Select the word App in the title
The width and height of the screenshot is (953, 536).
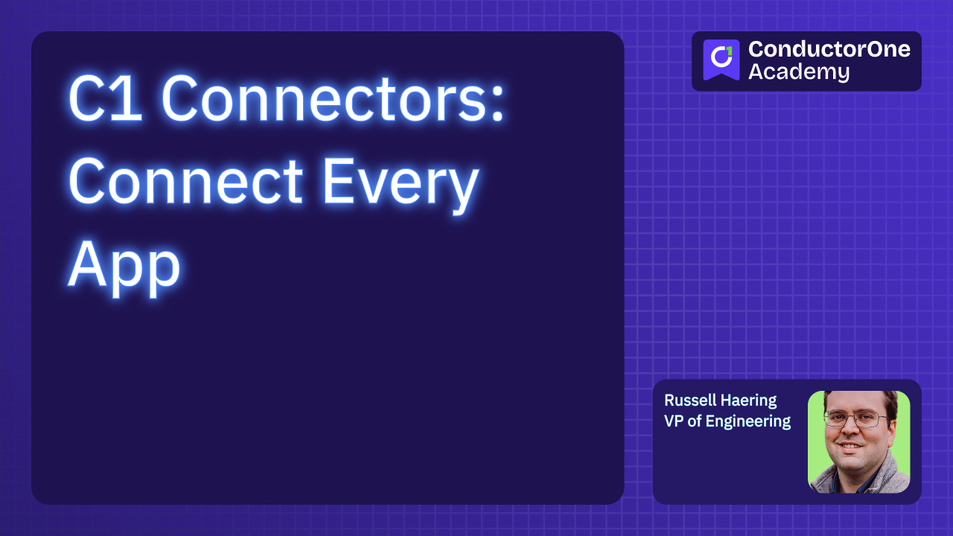click(124, 265)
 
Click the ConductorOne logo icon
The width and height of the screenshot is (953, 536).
click(721, 60)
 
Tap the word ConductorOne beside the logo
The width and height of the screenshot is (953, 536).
click(829, 49)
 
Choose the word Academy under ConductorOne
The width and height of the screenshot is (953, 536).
click(798, 72)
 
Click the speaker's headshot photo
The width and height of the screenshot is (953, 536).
click(858, 441)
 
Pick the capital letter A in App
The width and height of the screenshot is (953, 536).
click(84, 265)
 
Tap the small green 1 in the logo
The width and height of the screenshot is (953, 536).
click(729, 51)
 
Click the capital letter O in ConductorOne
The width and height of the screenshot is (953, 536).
click(860, 49)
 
